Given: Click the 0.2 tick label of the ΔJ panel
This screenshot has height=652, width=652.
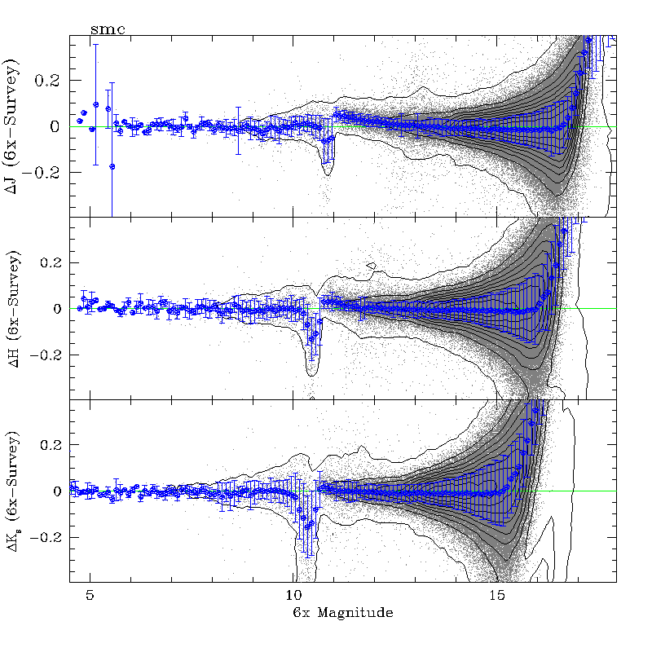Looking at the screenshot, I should (53, 81).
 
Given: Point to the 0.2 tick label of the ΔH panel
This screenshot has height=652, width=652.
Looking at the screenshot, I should (53, 262).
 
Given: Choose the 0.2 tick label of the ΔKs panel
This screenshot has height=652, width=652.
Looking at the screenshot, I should (53, 445).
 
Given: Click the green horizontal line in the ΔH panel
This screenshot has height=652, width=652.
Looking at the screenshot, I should (587, 309).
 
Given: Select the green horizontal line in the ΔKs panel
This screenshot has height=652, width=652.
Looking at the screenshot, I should (570, 491).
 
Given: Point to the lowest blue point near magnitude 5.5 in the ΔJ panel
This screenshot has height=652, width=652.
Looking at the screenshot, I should (112, 166).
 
